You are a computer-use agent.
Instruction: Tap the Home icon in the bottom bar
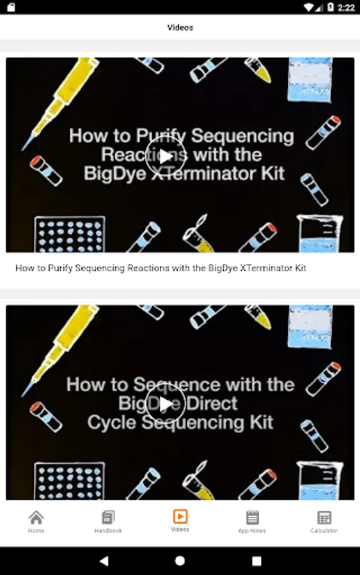click(36, 517)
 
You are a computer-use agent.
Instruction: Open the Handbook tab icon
click(108, 517)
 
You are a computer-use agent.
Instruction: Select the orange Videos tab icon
click(180, 516)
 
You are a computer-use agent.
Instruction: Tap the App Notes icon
click(252, 517)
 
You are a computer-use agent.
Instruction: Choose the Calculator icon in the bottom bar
click(324, 517)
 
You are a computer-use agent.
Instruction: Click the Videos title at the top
click(180, 27)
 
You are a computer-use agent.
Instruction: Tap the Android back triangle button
click(104, 561)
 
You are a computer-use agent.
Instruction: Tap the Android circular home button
click(180, 561)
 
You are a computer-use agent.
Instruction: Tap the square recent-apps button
click(256, 561)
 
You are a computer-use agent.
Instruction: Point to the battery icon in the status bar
click(331, 7)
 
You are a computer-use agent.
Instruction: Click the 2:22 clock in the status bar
click(346, 7)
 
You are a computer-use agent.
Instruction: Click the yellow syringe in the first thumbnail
click(61, 103)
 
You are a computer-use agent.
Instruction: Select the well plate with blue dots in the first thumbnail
click(69, 234)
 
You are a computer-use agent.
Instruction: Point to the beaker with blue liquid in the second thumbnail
click(320, 480)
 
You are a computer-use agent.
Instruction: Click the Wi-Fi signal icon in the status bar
click(309, 7)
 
